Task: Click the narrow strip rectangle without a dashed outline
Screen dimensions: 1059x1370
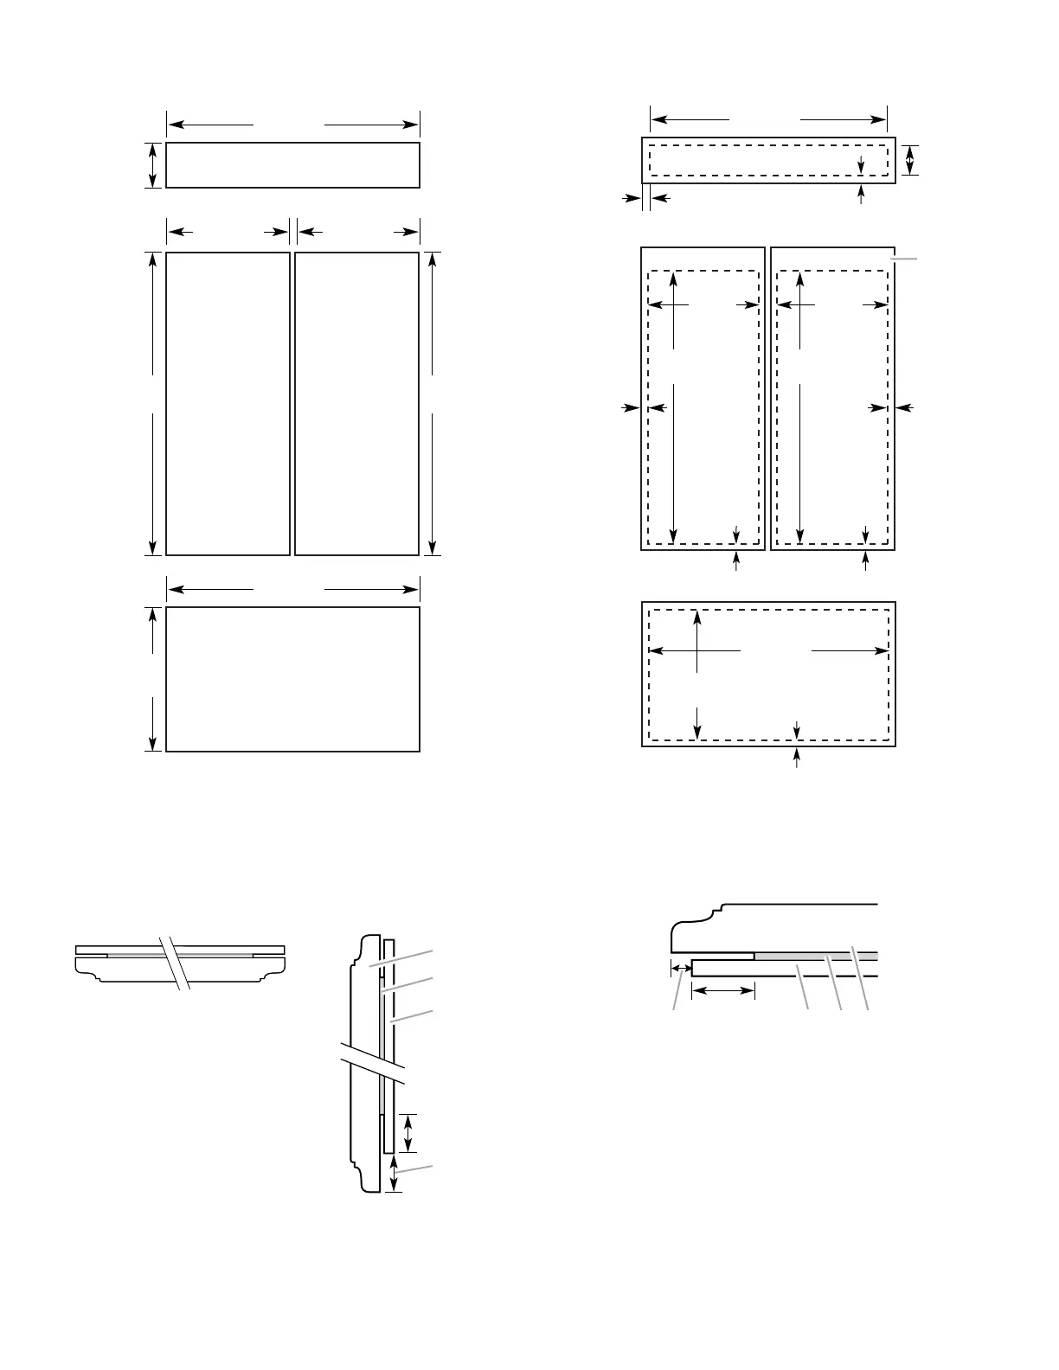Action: (292, 165)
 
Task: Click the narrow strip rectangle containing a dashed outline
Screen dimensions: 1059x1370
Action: (768, 160)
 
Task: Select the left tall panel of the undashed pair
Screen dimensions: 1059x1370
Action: (228, 404)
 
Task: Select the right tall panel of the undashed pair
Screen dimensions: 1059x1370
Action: (356, 404)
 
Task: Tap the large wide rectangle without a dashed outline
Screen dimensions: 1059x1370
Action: (292, 679)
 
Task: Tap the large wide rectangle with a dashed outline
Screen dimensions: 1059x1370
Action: (768, 674)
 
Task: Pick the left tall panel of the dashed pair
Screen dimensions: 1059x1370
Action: (703, 399)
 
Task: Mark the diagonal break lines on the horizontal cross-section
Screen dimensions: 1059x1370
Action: (179, 962)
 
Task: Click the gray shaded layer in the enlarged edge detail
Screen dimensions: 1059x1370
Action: (813, 956)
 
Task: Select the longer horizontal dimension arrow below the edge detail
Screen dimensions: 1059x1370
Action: (723, 990)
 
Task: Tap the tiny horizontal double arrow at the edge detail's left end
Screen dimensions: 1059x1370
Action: (681, 969)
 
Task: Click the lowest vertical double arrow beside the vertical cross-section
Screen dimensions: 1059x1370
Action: (394, 1175)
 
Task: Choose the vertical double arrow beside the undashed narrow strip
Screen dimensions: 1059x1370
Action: (153, 165)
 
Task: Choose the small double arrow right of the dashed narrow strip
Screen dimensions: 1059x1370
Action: (908, 160)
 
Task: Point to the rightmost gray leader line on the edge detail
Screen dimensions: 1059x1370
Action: (860, 977)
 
